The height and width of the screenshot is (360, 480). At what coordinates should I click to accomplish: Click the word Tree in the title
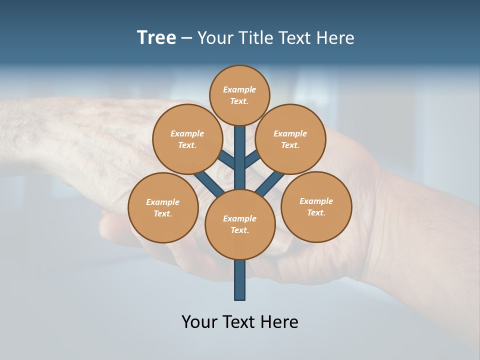[x=156, y=38]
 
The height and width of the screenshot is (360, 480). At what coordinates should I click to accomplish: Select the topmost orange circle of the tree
[x=239, y=95]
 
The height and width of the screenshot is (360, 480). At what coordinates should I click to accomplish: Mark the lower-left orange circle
[x=163, y=207]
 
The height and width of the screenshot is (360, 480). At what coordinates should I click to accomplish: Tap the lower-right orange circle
[x=316, y=206]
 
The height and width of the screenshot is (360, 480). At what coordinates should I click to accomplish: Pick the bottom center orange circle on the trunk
[x=240, y=224]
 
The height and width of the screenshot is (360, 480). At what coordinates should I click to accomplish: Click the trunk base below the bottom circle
[x=240, y=280]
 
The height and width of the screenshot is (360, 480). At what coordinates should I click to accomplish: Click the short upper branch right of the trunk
[x=251, y=159]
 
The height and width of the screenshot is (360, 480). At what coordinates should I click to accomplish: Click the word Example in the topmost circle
[x=239, y=89]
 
